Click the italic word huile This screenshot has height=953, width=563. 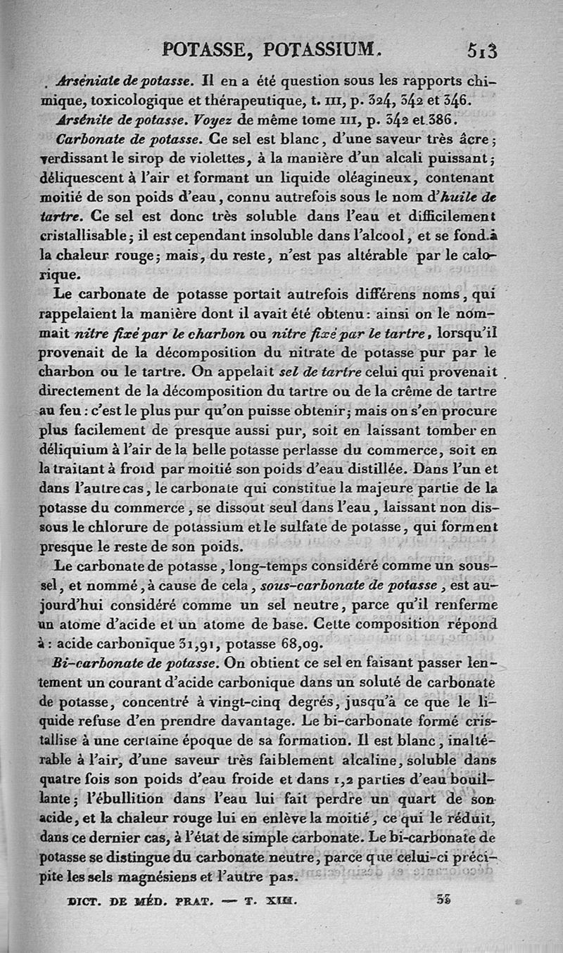[460, 194]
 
